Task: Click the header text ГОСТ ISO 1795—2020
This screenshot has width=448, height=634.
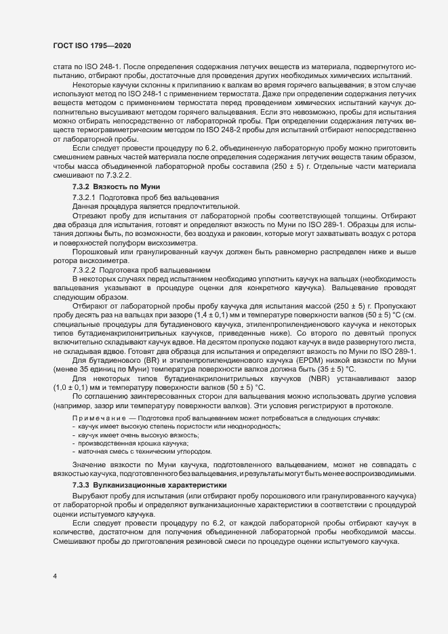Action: (x=91, y=45)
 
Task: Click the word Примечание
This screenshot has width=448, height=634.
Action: (x=99, y=418)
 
